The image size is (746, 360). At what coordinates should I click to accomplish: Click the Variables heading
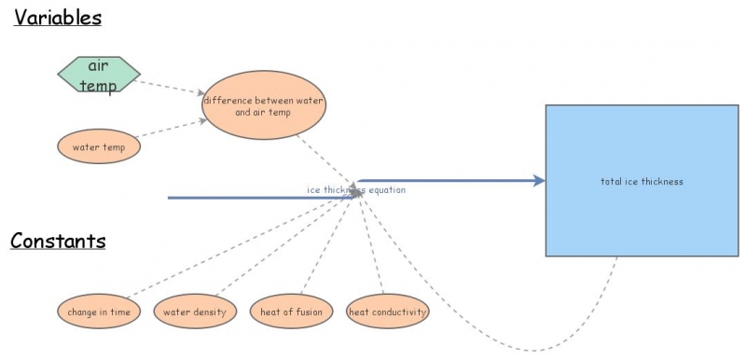[58, 18]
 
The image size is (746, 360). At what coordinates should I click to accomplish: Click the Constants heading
[58, 241]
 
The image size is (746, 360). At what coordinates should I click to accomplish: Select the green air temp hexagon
[98, 76]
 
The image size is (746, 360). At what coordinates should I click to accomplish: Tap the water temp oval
[99, 146]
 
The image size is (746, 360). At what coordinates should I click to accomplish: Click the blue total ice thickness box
[641, 181]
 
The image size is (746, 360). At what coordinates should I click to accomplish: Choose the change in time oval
[99, 312]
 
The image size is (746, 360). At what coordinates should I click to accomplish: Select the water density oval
[195, 312]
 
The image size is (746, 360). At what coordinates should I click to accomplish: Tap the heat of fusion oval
[291, 312]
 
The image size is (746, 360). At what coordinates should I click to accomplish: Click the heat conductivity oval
[387, 312]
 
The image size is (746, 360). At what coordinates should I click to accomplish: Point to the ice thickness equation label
[356, 189]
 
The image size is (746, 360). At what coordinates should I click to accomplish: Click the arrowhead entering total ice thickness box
[539, 181]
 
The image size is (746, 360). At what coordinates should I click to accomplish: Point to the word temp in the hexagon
[98, 86]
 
